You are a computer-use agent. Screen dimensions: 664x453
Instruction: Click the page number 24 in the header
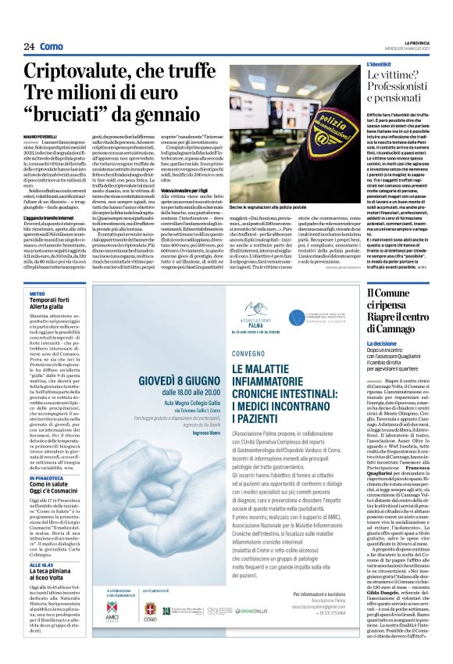(29, 47)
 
